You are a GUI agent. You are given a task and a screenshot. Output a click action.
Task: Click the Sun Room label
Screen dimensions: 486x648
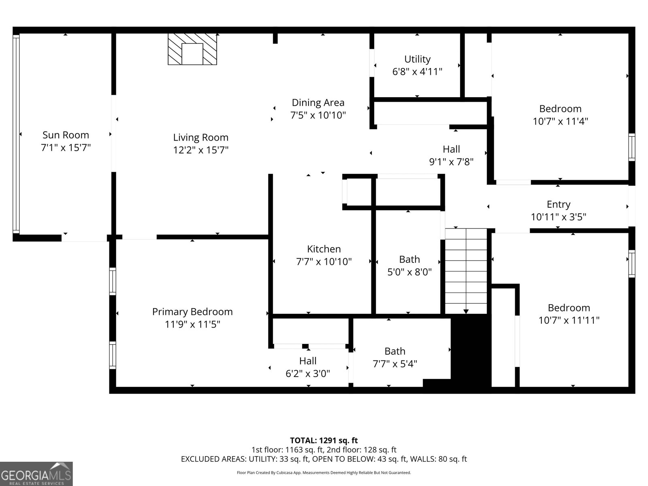(x=66, y=135)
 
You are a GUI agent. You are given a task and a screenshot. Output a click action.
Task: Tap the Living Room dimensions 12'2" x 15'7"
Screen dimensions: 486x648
(x=201, y=150)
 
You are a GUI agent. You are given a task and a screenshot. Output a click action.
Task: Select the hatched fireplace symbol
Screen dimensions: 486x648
(x=192, y=49)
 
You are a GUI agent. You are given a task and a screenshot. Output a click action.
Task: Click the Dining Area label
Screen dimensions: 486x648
(x=318, y=103)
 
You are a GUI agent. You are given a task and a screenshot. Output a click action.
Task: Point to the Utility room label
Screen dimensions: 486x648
(x=417, y=59)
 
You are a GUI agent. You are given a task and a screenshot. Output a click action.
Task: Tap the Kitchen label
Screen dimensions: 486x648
(x=324, y=249)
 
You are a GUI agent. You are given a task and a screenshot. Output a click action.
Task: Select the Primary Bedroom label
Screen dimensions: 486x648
(x=192, y=312)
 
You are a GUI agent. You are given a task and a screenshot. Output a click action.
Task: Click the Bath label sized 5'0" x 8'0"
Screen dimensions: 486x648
(x=409, y=259)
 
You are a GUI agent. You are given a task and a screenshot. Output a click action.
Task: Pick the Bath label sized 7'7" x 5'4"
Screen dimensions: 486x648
(x=394, y=351)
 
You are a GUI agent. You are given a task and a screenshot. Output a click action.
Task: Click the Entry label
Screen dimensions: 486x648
(x=558, y=205)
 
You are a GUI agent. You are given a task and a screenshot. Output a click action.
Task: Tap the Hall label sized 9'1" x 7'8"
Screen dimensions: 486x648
(x=451, y=149)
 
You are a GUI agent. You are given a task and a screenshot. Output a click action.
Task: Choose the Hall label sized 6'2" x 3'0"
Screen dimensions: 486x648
(x=308, y=361)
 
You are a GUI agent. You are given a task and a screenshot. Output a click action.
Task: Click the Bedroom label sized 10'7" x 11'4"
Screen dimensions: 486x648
(x=560, y=109)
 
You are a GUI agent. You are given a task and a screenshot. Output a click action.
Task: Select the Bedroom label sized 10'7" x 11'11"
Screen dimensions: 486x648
(x=569, y=308)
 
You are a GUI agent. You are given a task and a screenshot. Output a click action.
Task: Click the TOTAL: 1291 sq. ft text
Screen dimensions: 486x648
(x=324, y=440)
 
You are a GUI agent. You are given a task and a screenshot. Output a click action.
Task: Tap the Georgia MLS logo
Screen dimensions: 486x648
(x=36, y=473)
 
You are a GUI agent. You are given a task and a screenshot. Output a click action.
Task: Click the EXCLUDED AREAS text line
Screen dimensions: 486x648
(x=324, y=459)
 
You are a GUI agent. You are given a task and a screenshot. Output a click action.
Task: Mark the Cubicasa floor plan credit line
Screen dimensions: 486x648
(x=324, y=473)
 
